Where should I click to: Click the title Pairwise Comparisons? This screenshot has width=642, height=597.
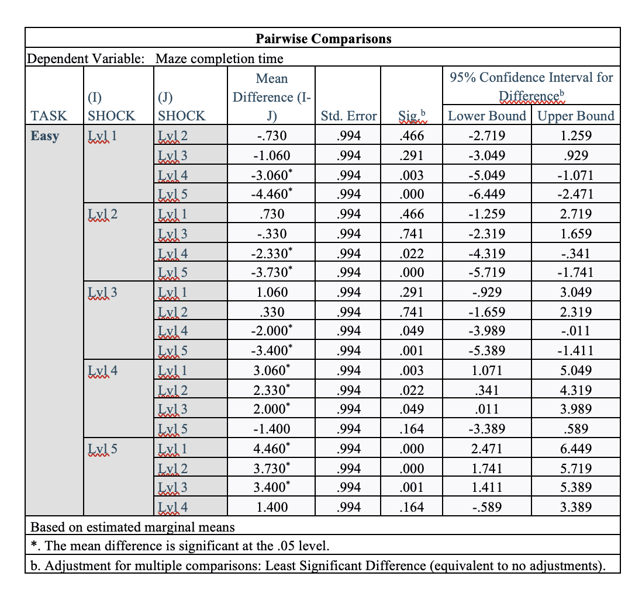pos(323,39)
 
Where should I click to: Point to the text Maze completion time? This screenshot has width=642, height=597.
pos(219,58)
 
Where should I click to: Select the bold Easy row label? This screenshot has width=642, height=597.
pos(45,136)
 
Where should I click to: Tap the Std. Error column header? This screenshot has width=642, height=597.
pos(349,116)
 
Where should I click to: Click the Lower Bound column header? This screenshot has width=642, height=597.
pos(486,116)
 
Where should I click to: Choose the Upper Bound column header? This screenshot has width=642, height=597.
pos(575,116)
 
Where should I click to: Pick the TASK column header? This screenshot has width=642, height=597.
pos(49,116)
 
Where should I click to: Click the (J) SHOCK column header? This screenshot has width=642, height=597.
pos(181,106)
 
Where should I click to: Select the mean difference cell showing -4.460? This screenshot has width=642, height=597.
pos(271,194)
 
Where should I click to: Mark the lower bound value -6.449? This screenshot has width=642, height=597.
pos(486,194)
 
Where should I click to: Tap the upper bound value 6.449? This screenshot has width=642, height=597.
pos(575,449)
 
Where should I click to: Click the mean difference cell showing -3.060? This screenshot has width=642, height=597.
pos(271,175)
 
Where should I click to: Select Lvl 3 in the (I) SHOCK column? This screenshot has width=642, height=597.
pos(102,292)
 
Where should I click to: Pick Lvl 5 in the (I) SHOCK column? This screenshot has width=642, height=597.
pos(102,449)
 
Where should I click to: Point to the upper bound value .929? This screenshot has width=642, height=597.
pos(575,155)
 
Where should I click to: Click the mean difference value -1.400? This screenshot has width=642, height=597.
pos(271,429)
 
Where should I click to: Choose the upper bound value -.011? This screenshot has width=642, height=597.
pos(575,331)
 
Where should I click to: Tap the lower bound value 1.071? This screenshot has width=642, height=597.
pos(486,370)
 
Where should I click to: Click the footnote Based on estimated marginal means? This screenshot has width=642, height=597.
pos(132,527)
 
